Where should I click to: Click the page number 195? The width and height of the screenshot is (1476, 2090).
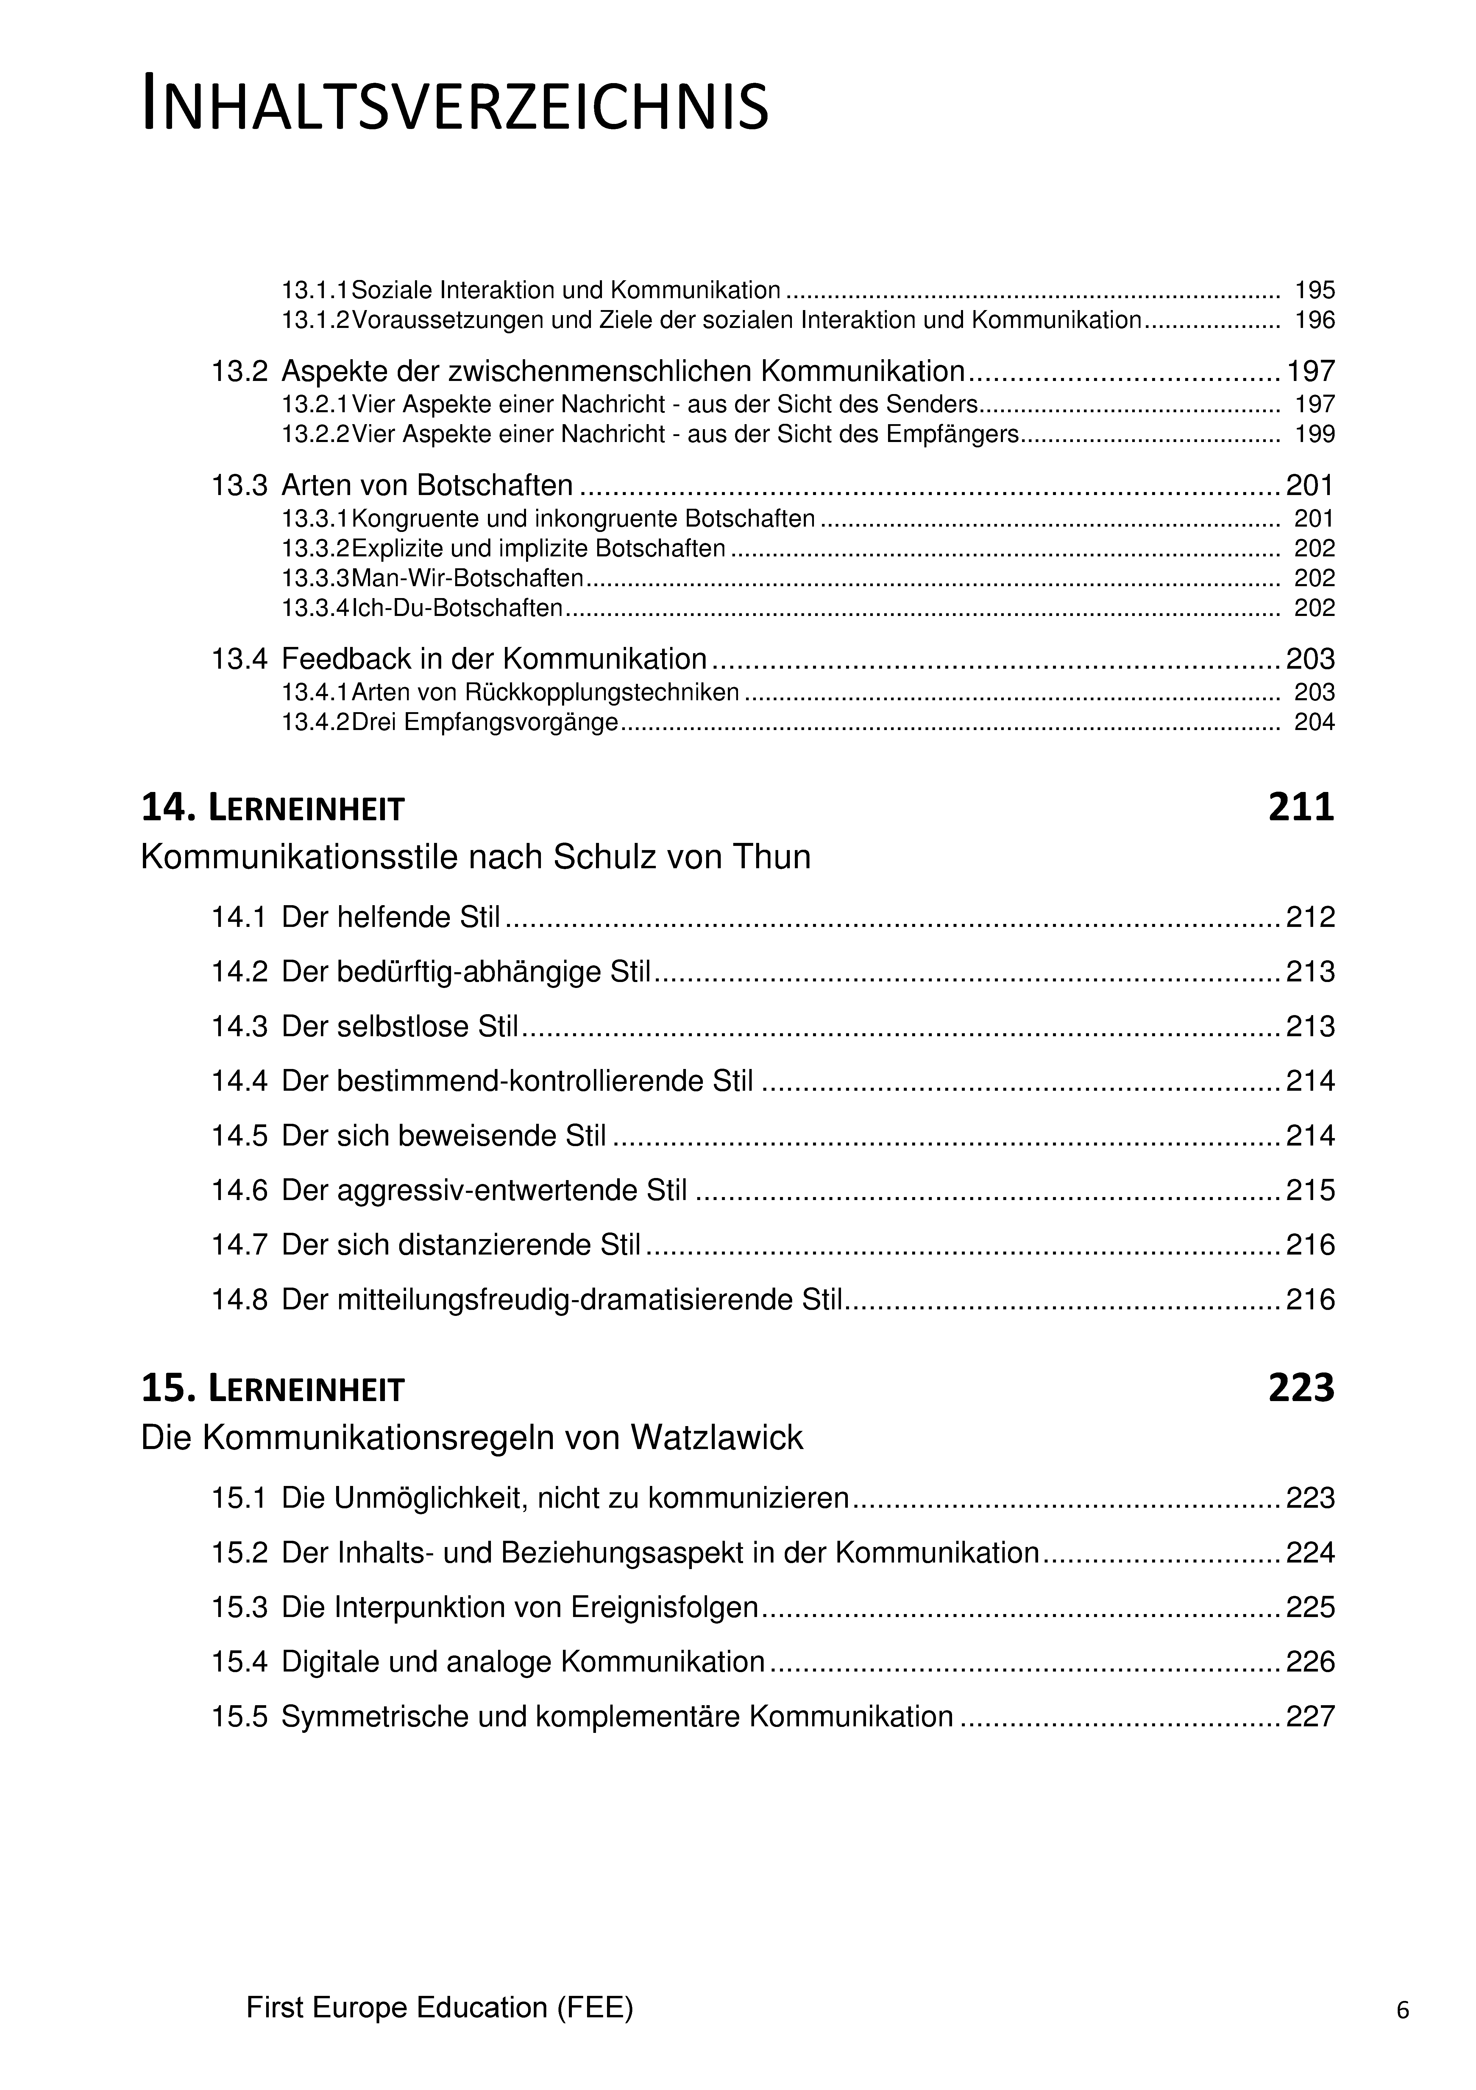pos(1314,290)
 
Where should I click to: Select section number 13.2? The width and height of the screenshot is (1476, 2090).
pos(239,371)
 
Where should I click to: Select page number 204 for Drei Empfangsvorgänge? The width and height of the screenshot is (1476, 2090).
pos(1314,723)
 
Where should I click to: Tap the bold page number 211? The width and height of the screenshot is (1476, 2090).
pos(1300,807)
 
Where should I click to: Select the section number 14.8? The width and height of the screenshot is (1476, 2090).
pos(239,1299)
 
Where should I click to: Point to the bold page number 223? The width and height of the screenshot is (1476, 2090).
pos(1300,1388)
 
